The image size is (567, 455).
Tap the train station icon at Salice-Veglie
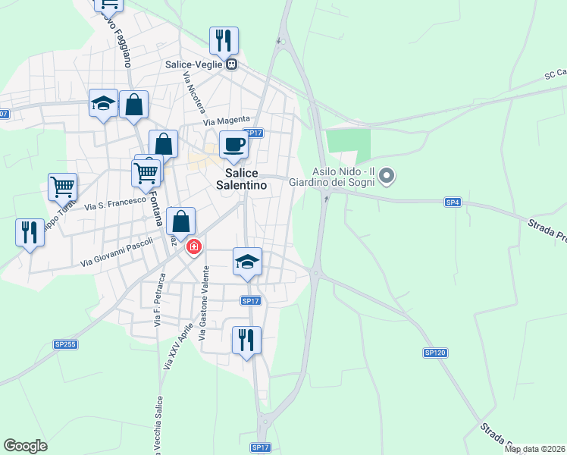pyautogui.click(x=231, y=64)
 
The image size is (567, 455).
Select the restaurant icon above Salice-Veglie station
pyautogui.click(x=224, y=39)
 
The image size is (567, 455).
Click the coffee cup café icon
pyautogui.click(x=233, y=144)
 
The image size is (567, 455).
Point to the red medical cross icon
pyautogui.click(x=195, y=247)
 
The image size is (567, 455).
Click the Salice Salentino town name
pyautogui.click(x=241, y=179)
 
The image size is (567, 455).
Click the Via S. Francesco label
pyautogui.click(x=114, y=202)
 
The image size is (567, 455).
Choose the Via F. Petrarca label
pyautogui.click(x=158, y=307)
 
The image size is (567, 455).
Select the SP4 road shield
pyautogui.click(x=453, y=202)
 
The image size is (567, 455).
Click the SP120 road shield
pyautogui.click(x=434, y=353)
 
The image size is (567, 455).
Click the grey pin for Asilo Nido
pyautogui.click(x=387, y=177)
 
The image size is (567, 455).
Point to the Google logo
pyautogui.click(x=25, y=446)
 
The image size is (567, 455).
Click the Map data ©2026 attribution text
pyautogui.click(x=535, y=449)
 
